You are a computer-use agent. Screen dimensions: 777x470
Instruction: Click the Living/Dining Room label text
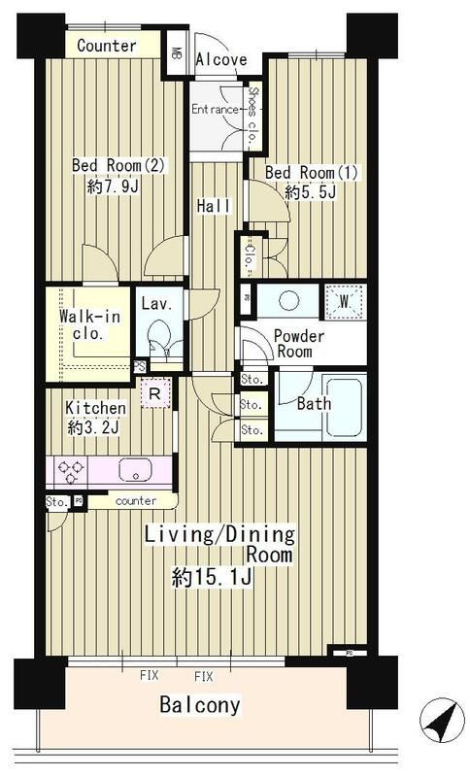coord(221,544)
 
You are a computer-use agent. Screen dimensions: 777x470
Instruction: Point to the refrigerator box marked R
coord(153,393)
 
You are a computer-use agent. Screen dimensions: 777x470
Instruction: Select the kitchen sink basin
coord(136,470)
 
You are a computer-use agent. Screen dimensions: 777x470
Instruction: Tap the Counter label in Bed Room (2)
coord(106,46)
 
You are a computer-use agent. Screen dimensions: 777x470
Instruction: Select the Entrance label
coord(214,109)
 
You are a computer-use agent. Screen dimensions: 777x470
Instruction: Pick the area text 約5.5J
coord(310,192)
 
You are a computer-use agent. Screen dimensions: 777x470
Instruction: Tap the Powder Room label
coord(298,345)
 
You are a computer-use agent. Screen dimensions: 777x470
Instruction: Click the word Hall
coord(213,206)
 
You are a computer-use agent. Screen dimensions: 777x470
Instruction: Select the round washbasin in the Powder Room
coord(290,302)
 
